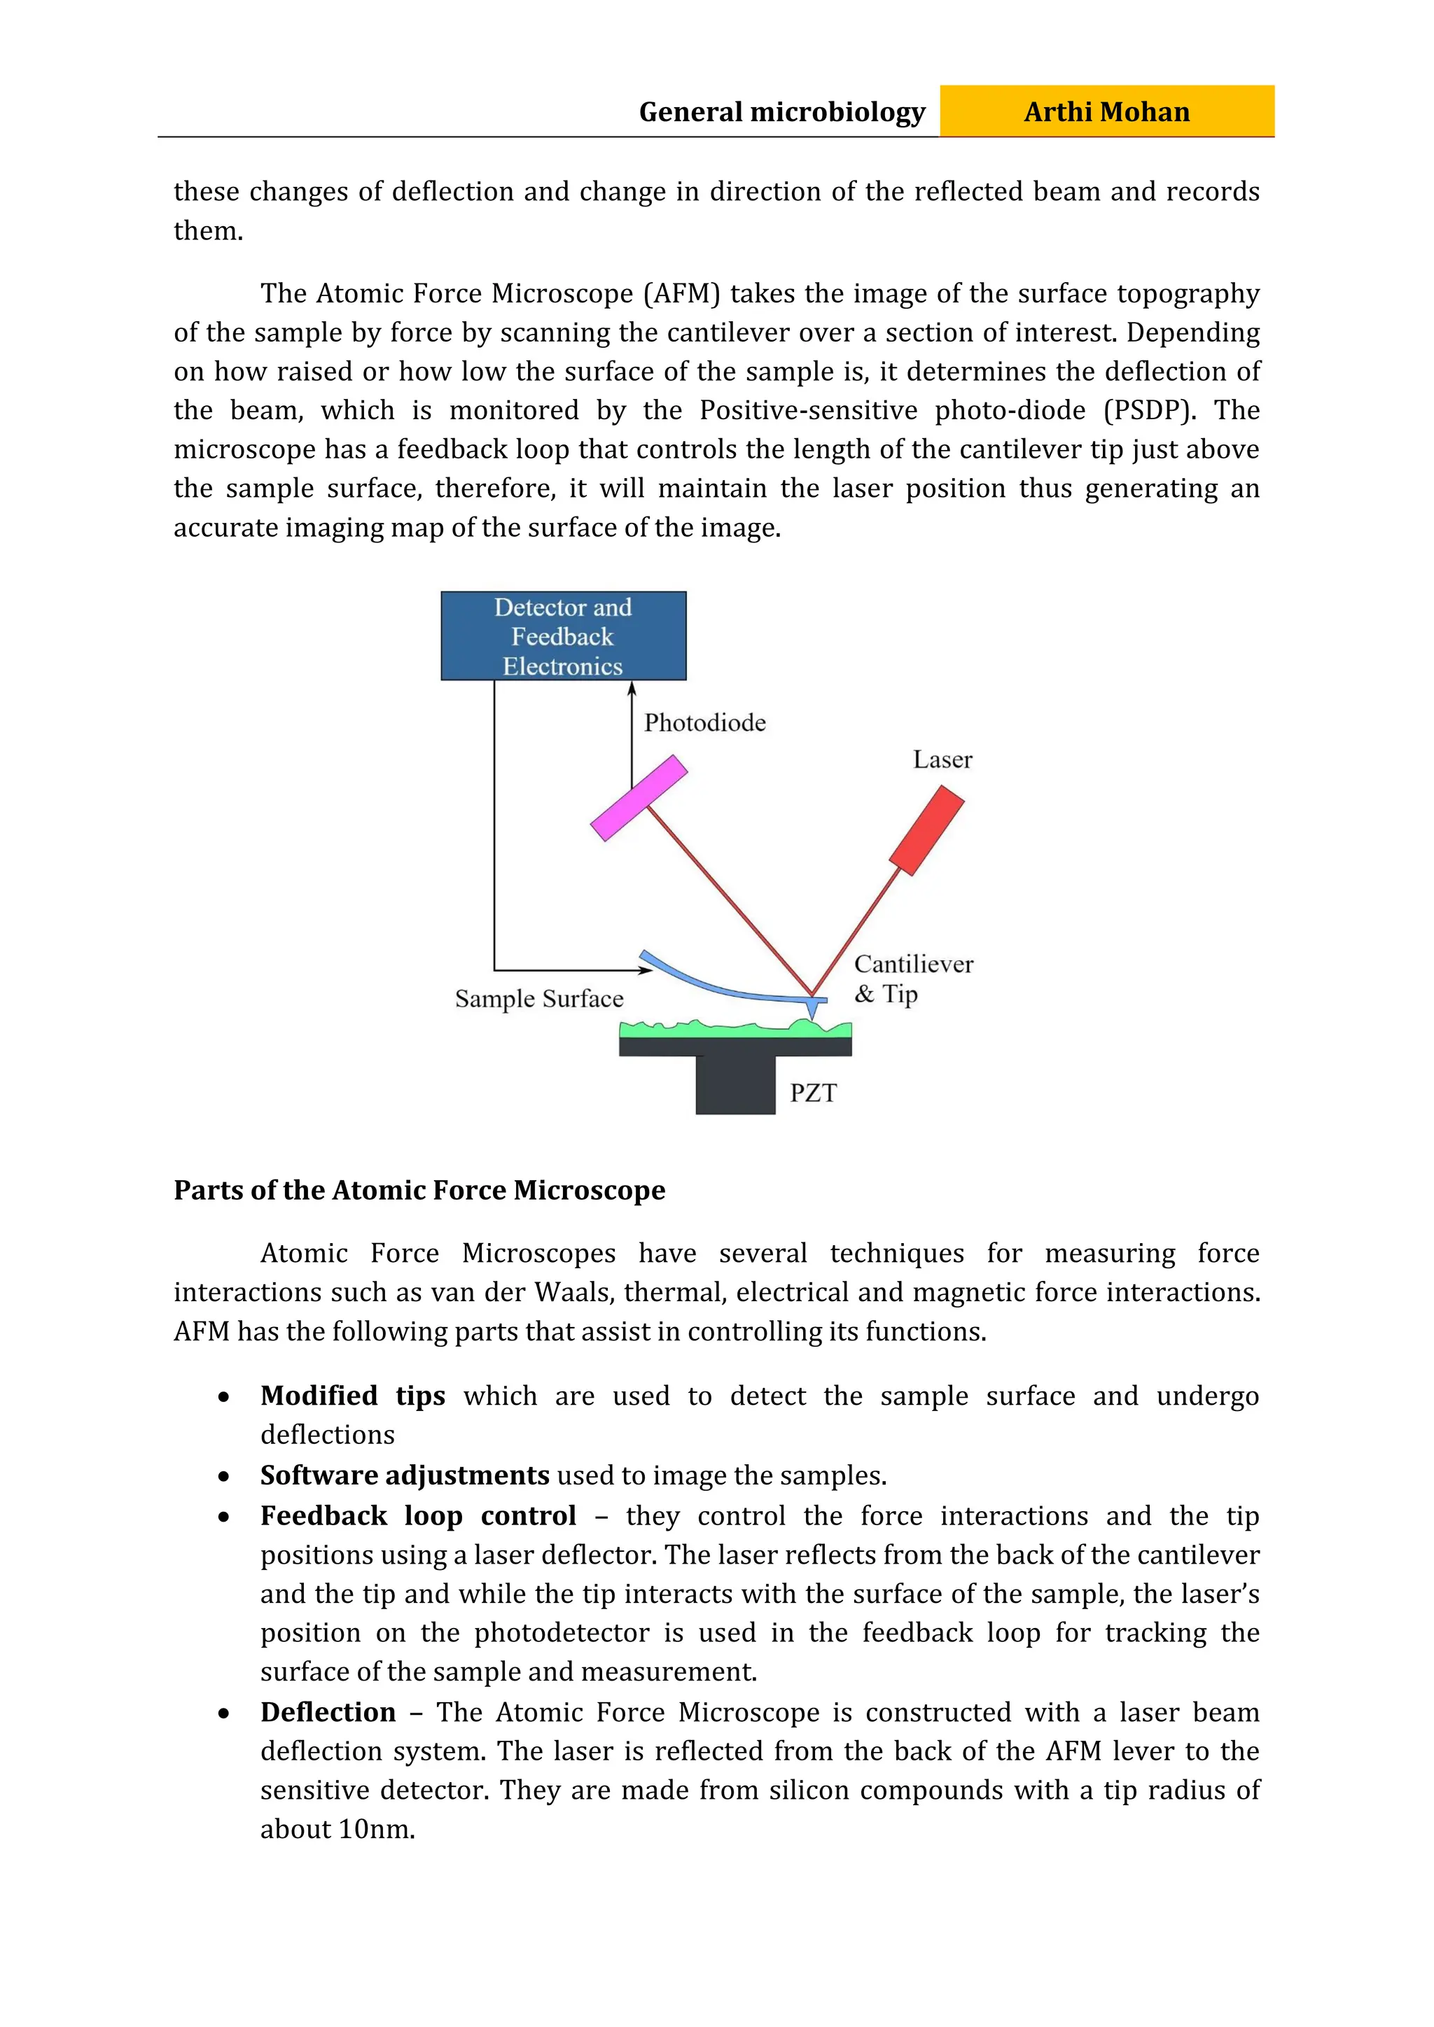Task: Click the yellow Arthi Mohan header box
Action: pos(1106,111)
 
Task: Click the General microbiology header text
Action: pos(781,112)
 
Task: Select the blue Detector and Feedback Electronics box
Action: pos(564,636)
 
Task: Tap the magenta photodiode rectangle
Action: pos(639,797)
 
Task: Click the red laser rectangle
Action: pos(926,830)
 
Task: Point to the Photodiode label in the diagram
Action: pos(704,723)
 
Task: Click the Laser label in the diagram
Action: pos(942,760)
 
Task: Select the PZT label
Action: pos(812,1093)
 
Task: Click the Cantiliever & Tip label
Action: pos(912,979)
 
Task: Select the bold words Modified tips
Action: pos(352,1396)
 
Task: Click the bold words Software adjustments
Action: pos(405,1475)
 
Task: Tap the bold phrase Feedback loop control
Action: pos(417,1516)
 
